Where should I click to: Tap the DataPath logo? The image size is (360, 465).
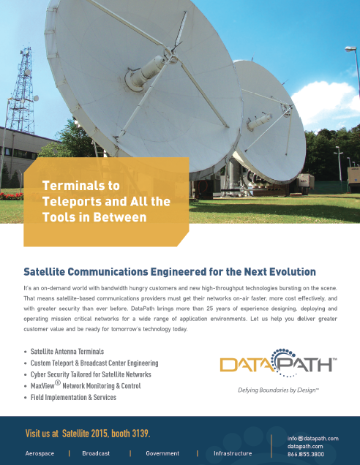tap(278, 363)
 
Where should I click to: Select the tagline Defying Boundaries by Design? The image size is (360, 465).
tap(278, 390)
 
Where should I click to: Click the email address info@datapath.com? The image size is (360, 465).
tap(313, 438)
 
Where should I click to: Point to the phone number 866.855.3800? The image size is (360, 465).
tap(306, 454)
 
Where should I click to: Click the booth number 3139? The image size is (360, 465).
tap(141, 434)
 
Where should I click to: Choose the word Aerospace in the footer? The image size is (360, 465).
tap(40, 453)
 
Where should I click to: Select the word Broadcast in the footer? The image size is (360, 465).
tap(96, 453)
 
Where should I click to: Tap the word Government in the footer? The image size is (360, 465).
tap(162, 453)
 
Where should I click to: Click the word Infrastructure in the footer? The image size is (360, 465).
tap(233, 453)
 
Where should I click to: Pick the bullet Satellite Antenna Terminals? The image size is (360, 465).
tap(67, 352)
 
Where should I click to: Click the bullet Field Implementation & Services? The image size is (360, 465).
tap(73, 398)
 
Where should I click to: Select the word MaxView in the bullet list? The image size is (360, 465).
tap(42, 386)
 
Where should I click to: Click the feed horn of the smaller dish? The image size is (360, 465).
tap(259, 121)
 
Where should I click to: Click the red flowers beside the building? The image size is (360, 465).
tap(11, 196)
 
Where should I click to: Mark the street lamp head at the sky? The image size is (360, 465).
tap(350, 49)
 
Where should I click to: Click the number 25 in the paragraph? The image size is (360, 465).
tap(210, 309)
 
